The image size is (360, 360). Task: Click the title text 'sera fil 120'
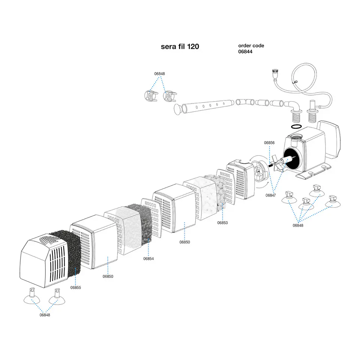(x=180, y=46)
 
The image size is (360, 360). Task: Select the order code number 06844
(x=245, y=52)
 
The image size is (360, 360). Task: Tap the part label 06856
(x=269, y=142)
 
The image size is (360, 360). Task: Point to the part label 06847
(x=271, y=195)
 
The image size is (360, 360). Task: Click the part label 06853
(x=222, y=222)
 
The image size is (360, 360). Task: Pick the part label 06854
(x=148, y=258)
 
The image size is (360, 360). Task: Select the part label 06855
(x=75, y=288)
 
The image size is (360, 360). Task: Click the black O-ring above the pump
(x=296, y=126)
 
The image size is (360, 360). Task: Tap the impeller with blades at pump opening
(x=278, y=163)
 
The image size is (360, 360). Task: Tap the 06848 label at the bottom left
(x=45, y=315)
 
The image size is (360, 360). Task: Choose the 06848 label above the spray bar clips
(x=160, y=74)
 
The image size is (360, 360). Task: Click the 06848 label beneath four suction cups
(x=298, y=225)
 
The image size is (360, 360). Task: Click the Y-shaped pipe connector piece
(x=245, y=102)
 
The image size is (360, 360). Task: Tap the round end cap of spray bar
(x=177, y=109)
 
